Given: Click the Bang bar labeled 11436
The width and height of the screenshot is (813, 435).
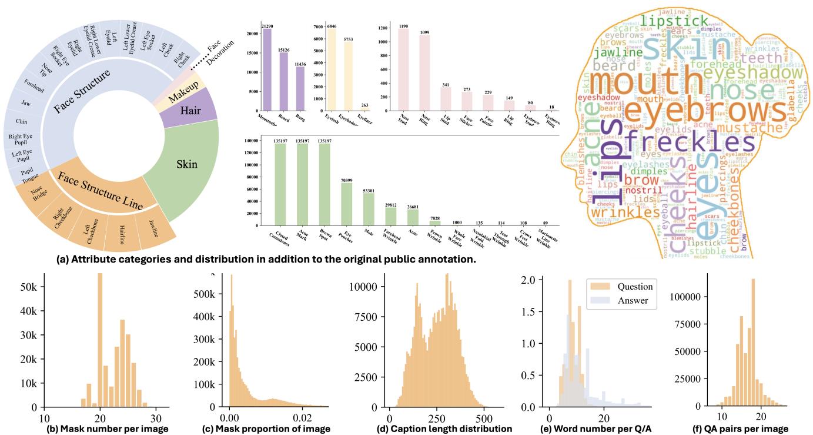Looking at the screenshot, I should pos(301,88).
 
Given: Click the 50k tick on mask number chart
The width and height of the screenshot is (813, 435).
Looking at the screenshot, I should pos(28,286).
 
